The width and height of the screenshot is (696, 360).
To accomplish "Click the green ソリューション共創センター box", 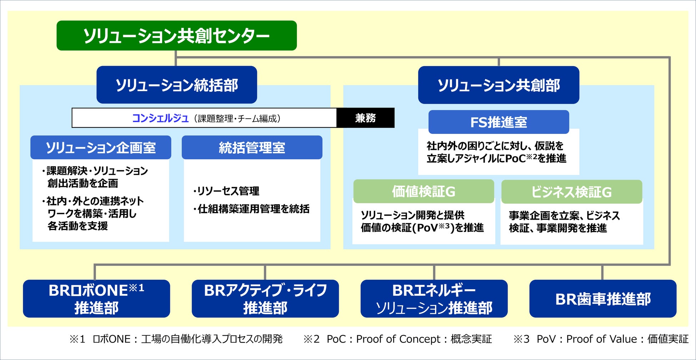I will pos(176,36).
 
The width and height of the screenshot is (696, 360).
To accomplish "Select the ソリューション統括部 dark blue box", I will pos(176,85).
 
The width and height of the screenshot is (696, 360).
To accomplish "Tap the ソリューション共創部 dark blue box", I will pos(498,85).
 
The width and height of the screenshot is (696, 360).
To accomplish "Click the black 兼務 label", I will pos(365,118).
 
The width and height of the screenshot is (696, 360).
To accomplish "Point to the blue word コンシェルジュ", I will pos(160,118).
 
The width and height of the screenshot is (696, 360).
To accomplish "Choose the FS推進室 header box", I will pos(498,122).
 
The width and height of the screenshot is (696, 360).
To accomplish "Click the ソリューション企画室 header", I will pos(100,147).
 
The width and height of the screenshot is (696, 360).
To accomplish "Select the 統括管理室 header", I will pos(252,147).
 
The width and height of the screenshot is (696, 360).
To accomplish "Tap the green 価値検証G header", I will pos(423,191).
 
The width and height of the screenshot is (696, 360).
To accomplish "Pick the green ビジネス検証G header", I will pos(571,192).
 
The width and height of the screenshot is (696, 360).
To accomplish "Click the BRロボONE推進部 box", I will pos(96,299).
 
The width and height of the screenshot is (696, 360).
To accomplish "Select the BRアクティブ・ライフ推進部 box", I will pos(265,299).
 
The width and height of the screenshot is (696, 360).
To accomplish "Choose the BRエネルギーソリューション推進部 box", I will pos(434,299).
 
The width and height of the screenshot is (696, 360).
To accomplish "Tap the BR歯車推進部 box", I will pos(602,299).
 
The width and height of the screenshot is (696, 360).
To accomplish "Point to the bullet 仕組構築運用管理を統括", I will pos(252,209).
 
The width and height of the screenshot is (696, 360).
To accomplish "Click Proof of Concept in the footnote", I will pos(398,339).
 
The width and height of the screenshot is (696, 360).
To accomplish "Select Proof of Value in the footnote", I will pos(601,339).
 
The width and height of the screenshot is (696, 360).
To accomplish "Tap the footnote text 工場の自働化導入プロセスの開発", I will pos(212,339).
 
